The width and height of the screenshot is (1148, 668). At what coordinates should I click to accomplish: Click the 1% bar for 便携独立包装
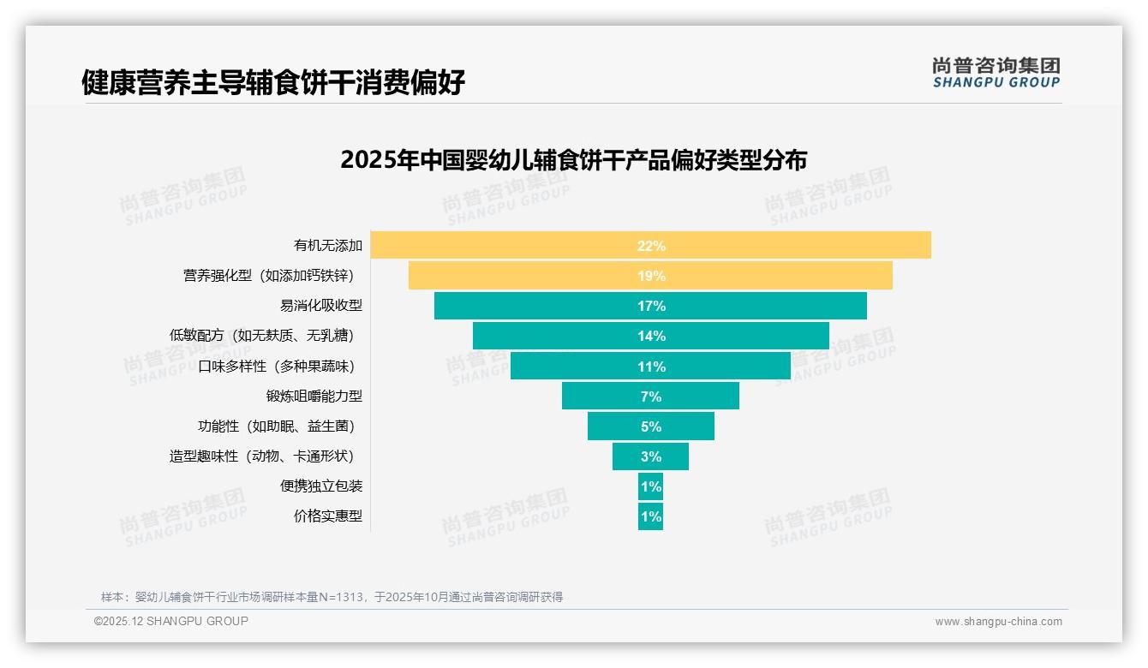(x=650, y=486)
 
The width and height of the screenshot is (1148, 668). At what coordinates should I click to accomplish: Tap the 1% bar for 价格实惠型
(x=650, y=516)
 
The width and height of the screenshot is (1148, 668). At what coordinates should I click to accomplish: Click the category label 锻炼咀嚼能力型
(x=314, y=397)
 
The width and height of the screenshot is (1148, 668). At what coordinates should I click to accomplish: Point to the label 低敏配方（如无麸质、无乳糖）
(x=262, y=336)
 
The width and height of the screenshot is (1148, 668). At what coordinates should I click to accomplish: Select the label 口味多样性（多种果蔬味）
(x=276, y=367)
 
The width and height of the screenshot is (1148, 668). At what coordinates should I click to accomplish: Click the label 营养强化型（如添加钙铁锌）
(x=268, y=276)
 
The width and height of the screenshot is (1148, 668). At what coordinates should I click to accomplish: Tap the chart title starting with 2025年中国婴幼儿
(x=573, y=160)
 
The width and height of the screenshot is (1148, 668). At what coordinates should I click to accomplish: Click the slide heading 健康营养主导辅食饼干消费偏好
(x=273, y=83)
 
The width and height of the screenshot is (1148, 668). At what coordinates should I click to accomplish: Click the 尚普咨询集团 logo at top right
(x=996, y=73)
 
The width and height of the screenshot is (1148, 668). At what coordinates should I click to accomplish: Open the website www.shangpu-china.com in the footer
(x=998, y=622)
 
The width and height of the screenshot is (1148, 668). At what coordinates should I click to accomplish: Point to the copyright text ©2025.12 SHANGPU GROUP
(x=171, y=621)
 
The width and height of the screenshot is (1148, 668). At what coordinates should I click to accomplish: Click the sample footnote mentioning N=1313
(x=332, y=597)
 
